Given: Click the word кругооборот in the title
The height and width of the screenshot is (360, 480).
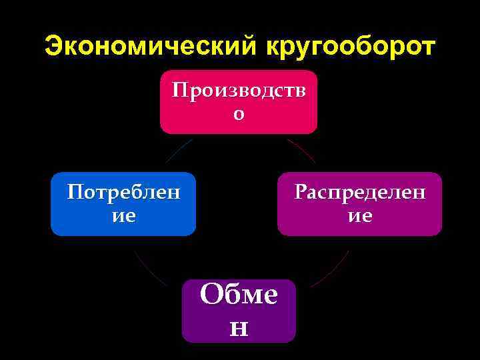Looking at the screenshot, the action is [351, 47].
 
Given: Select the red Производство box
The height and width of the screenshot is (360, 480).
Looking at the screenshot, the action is [238, 102].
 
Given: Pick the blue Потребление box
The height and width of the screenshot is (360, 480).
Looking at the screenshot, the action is [123, 204].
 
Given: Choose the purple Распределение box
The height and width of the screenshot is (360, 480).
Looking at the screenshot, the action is [359, 204].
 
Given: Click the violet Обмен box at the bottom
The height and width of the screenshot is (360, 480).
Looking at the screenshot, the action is [239, 311].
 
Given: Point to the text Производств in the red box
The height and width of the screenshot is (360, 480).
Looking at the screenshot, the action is [239, 91].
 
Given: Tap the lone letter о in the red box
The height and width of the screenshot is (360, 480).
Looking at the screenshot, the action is [239, 114].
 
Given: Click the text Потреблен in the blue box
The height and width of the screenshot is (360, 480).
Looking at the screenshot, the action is [123, 193].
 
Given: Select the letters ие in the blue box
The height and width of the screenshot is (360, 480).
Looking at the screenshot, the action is [123, 216].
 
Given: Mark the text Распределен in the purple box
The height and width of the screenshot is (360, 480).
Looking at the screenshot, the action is [359, 193].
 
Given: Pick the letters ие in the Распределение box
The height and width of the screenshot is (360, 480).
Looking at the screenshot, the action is [359, 216].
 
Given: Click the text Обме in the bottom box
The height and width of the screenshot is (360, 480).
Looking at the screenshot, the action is [239, 294].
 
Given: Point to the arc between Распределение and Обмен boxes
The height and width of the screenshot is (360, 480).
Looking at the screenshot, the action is [331, 269].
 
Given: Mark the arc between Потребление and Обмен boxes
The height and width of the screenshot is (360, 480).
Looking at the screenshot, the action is [148, 269].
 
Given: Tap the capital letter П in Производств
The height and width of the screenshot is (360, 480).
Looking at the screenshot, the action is [178, 91].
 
